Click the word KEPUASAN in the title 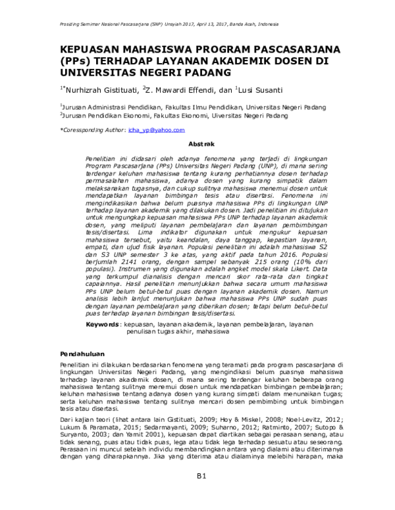pyautogui.click(x=90, y=50)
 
